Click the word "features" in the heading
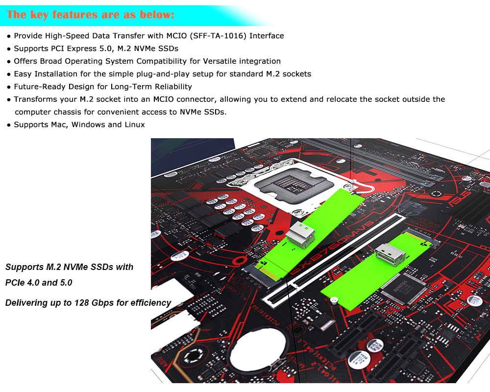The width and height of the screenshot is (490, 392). tap(75, 15)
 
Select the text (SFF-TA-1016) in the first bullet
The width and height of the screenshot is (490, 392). tap(218, 36)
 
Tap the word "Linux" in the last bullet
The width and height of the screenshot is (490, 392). tap(135, 124)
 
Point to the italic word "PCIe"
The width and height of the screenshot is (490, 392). tap(15, 283)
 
